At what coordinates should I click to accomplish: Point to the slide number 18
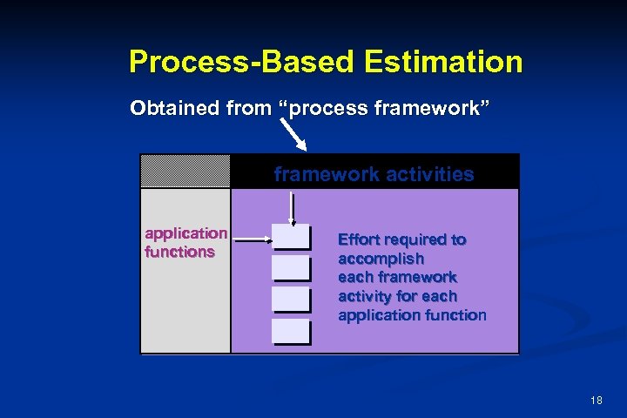click(x=597, y=400)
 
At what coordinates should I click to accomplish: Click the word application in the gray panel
click(x=185, y=233)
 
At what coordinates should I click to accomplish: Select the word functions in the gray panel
click(x=179, y=252)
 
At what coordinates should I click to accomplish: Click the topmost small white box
click(x=291, y=237)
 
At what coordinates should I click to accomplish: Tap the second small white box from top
click(x=291, y=268)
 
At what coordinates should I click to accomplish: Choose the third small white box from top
click(x=291, y=300)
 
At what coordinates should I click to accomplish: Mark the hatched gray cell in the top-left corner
click(x=185, y=171)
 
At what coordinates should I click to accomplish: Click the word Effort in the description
click(x=357, y=239)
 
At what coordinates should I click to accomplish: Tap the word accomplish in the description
click(x=381, y=259)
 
